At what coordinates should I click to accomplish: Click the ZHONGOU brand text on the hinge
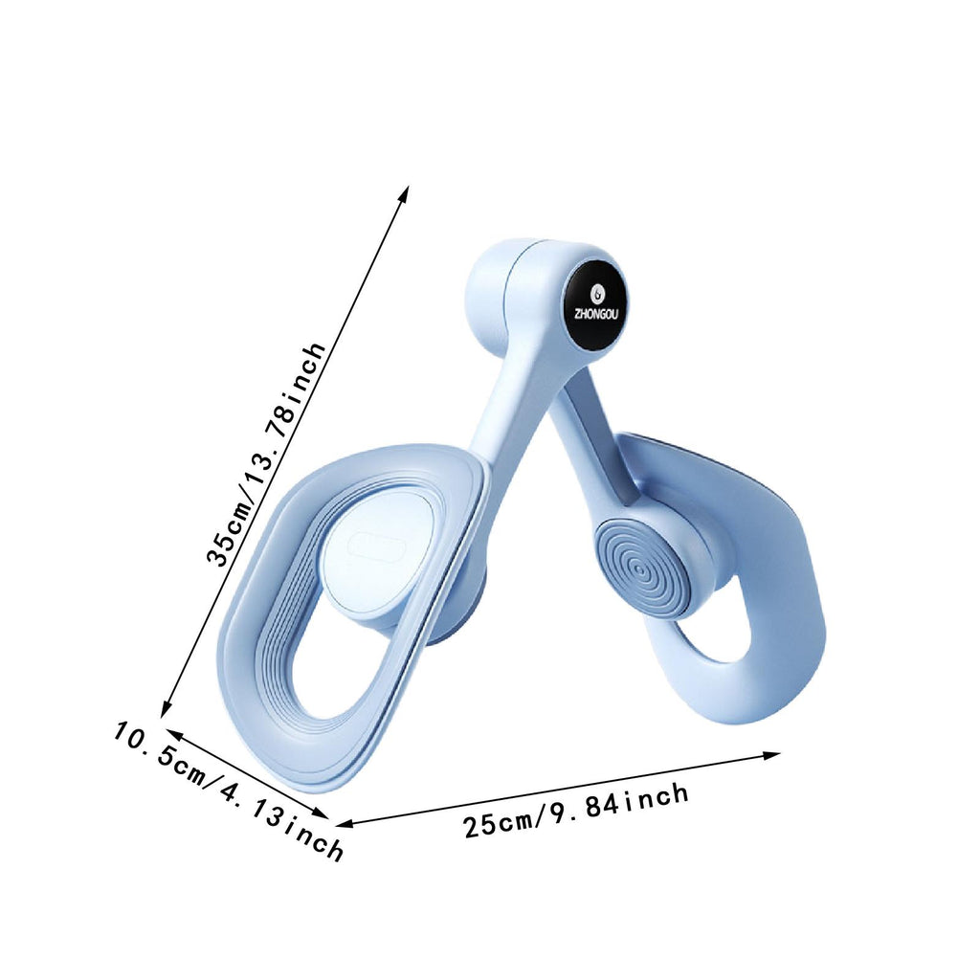595,314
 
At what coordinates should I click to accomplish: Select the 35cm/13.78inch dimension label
267,455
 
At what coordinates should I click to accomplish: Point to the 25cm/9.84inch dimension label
576,811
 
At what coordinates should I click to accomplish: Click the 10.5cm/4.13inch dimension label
229,791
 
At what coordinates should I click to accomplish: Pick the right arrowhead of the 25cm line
772,756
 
